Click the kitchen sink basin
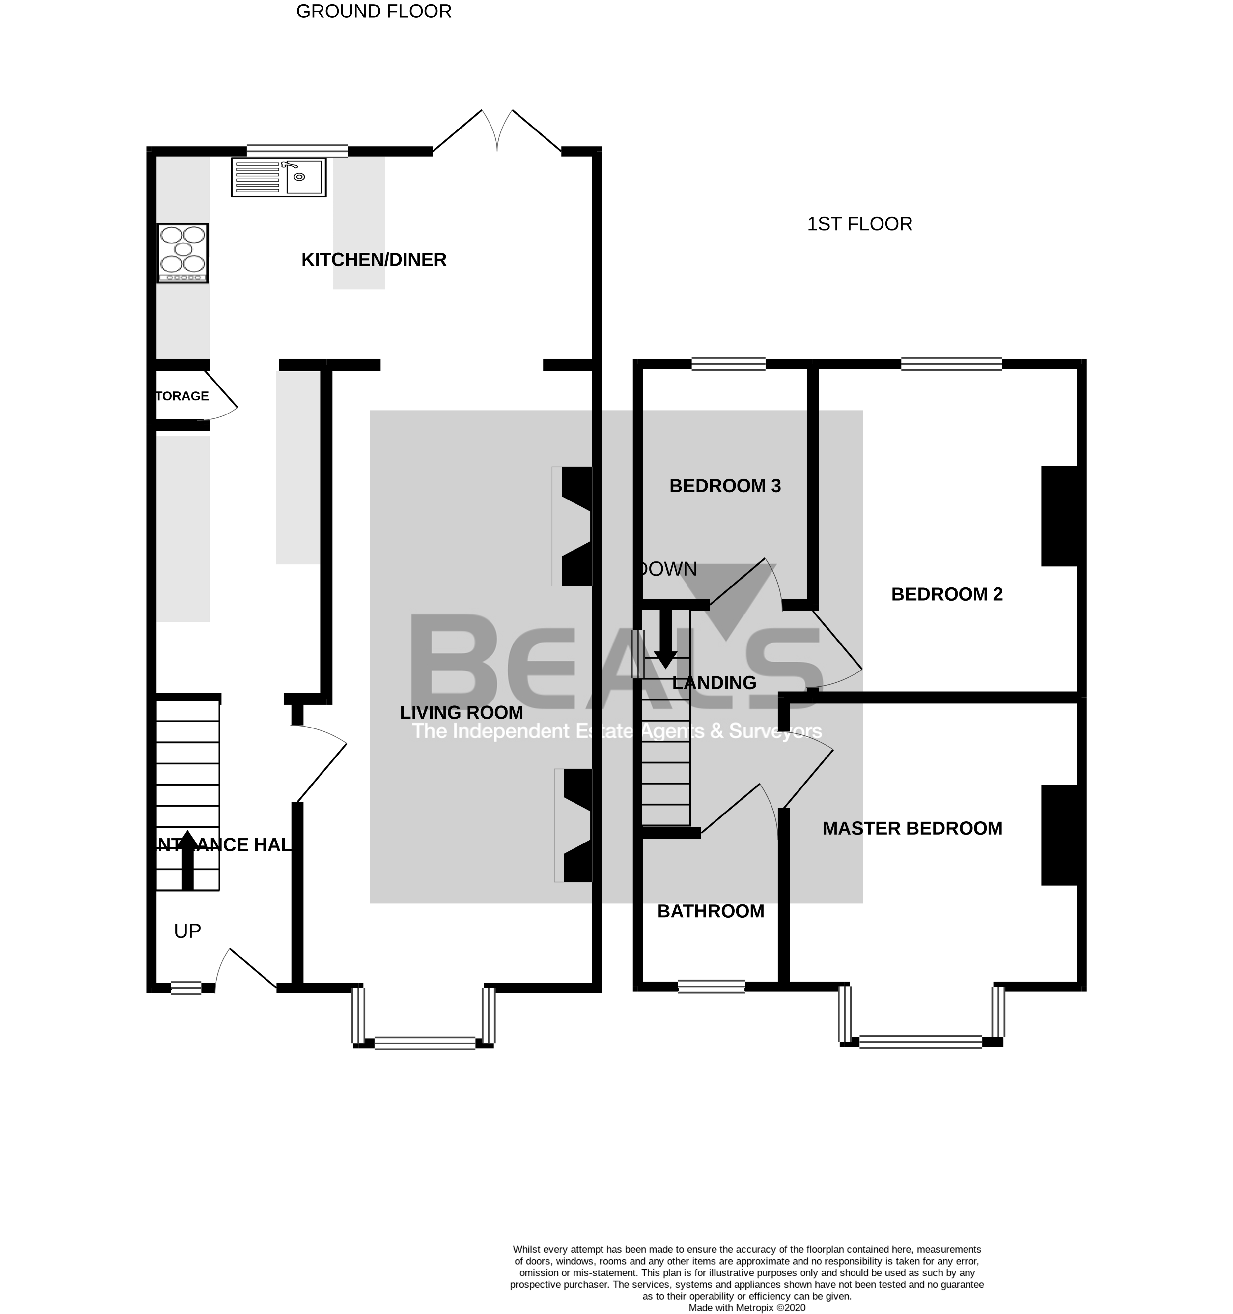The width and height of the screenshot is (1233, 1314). tap(304, 177)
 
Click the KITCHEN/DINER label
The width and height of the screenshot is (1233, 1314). tap(374, 260)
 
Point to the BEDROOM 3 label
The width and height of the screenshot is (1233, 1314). tap(725, 486)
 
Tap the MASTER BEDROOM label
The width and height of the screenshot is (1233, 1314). tap(912, 828)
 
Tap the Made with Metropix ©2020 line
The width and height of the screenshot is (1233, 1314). tap(747, 1307)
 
